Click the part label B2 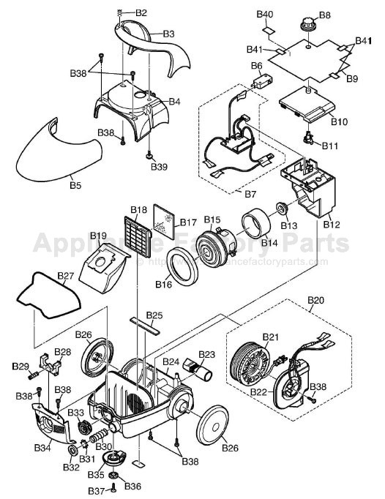[x=141, y=13]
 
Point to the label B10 [x=340, y=121]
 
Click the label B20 [x=315, y=301]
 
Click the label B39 [x=159, y=167]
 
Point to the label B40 [x=264, y=15]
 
